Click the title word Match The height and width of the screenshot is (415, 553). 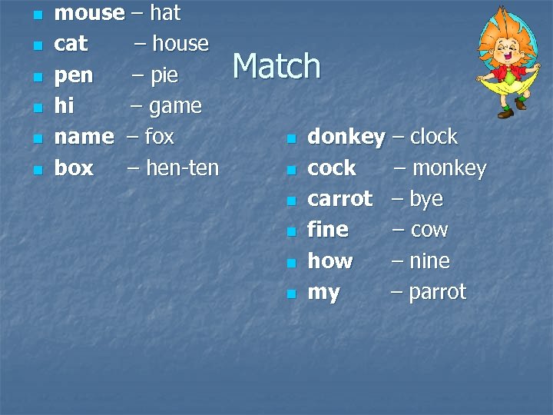point(276,66)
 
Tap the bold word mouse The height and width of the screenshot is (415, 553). point(89,13)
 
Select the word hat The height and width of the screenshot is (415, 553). point(165,13)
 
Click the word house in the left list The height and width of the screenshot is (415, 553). point(180,44)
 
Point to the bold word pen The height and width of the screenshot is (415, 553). point(74,76)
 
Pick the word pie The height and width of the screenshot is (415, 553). point(164,76)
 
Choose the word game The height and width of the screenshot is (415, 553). point(176,106)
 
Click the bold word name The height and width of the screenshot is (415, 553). point(84,137)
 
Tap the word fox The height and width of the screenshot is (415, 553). point(159,137)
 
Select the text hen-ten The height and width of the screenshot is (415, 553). point(182,168)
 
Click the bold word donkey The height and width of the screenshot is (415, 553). point(346,138)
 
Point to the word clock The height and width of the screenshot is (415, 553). point(434,138)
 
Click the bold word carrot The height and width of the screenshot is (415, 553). point(339,199)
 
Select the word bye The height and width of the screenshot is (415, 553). point(426,199)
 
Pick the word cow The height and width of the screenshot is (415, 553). point(429,230)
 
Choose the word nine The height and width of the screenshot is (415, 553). point(429,261)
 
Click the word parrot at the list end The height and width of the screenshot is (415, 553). point(437,293)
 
